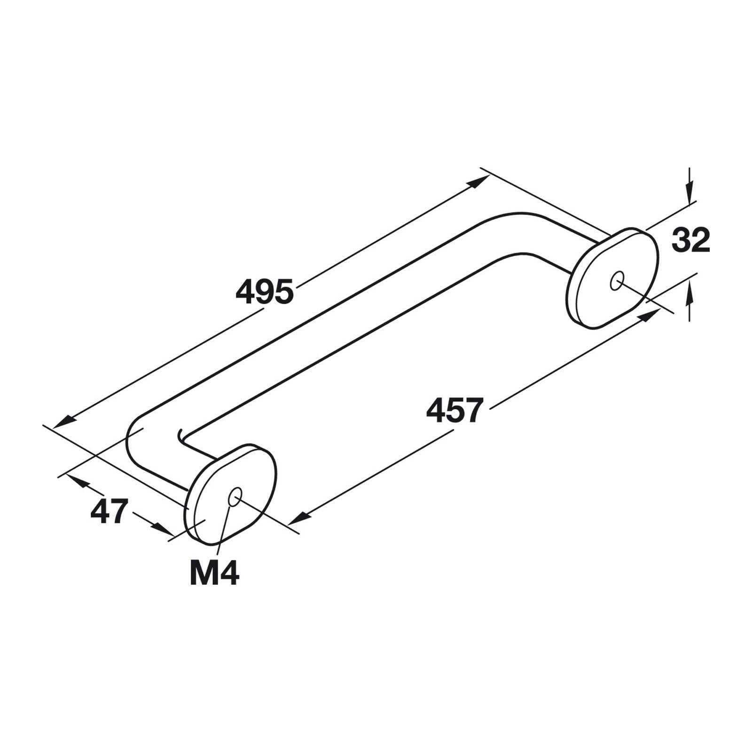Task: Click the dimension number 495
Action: [x=265, y=291]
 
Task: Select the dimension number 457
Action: [x=455, y=410]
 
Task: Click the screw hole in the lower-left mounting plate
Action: [x=234, y=496]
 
